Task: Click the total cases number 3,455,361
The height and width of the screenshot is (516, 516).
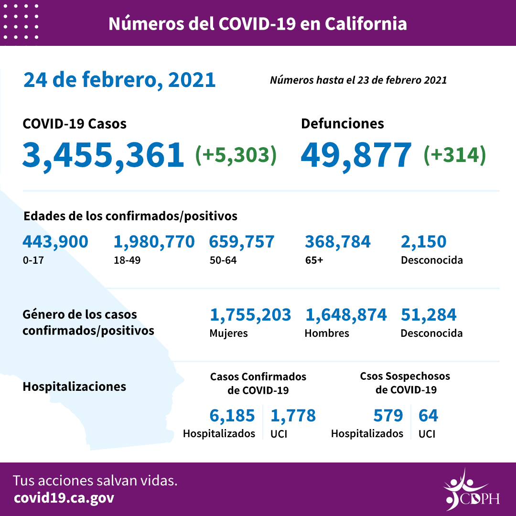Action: (x=103, y=155)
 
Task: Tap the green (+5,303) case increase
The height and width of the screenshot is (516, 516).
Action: (x=236, y=155)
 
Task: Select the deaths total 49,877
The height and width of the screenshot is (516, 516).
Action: (x=356, y=155)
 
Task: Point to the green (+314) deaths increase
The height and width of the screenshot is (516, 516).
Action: (x=455, y=155)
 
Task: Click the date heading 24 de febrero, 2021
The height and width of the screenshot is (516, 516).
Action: (x=119, y=80)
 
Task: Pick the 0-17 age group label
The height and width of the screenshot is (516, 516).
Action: (x=32, y=261)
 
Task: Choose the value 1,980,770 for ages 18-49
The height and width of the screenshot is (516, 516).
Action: (x=154, y=242)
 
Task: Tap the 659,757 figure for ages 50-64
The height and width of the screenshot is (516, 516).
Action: (x=242, y=242)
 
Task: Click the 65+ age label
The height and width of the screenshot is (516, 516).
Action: (x=314, y=261)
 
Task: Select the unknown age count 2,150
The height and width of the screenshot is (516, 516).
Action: (x=424, y=242)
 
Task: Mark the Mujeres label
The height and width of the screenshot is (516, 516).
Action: (x=228, y=333)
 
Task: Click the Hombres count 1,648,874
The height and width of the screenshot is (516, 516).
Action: (x=346, y=315)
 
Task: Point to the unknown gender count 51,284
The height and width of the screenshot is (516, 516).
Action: (x=429, y=315)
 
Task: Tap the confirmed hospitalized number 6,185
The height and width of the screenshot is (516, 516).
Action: (x=232, y=416)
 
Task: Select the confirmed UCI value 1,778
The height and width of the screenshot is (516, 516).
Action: (x=293, y=416)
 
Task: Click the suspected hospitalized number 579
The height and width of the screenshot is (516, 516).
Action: (x=388, y=416)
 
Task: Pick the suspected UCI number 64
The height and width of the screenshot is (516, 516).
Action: (x=428, y=416)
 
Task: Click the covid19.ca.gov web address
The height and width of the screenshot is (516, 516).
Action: (x=64, y=498)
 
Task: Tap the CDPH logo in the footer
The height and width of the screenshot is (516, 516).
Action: (x=471, y=490)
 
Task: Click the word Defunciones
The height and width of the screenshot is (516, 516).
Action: (x=342, y=124)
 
